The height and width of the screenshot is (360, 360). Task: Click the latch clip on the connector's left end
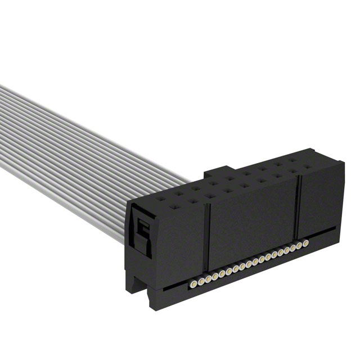[141, 231]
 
